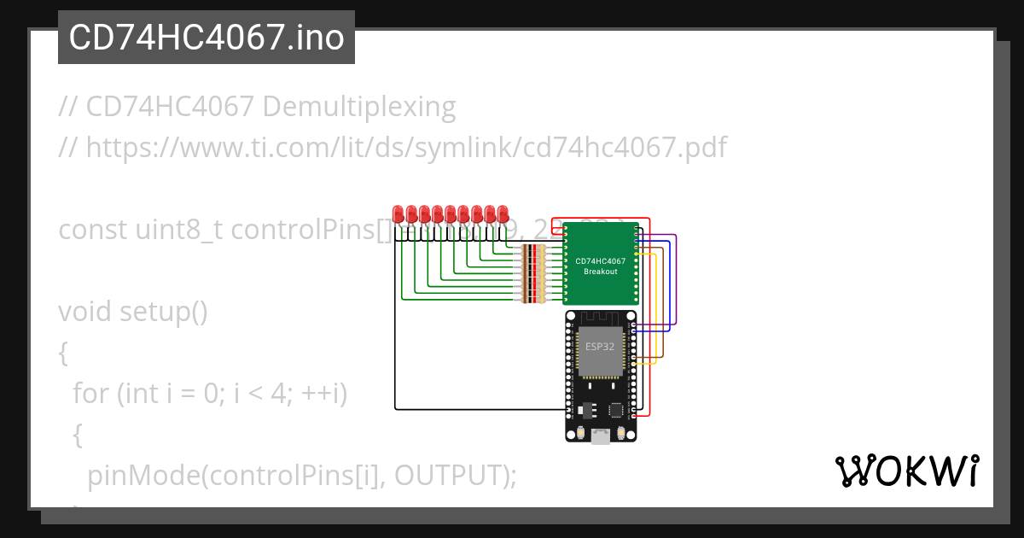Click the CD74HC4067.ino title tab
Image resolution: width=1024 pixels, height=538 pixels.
tap(206, 38)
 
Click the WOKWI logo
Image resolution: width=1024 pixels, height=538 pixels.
tap(906, 471)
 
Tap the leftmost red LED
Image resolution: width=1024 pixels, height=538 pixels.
tap(399, 213)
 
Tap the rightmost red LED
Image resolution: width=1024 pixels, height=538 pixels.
tap(503, 213)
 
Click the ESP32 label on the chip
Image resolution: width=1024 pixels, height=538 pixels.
tap(599, 347)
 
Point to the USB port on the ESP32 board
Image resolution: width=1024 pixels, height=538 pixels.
tap(601, 436)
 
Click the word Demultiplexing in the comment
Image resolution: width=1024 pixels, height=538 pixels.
tap(359, 108)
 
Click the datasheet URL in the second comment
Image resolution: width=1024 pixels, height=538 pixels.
tap(406, 148)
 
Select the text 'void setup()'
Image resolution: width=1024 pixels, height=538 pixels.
tap(133, 312)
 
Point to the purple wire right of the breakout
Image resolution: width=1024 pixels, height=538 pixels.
tap(676, 282)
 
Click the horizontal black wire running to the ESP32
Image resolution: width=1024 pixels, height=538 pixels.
tap(478, 408)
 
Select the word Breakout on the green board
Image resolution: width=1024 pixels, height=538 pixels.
tap(600, 272)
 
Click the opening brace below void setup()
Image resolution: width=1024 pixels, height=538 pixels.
tap(63, 352)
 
